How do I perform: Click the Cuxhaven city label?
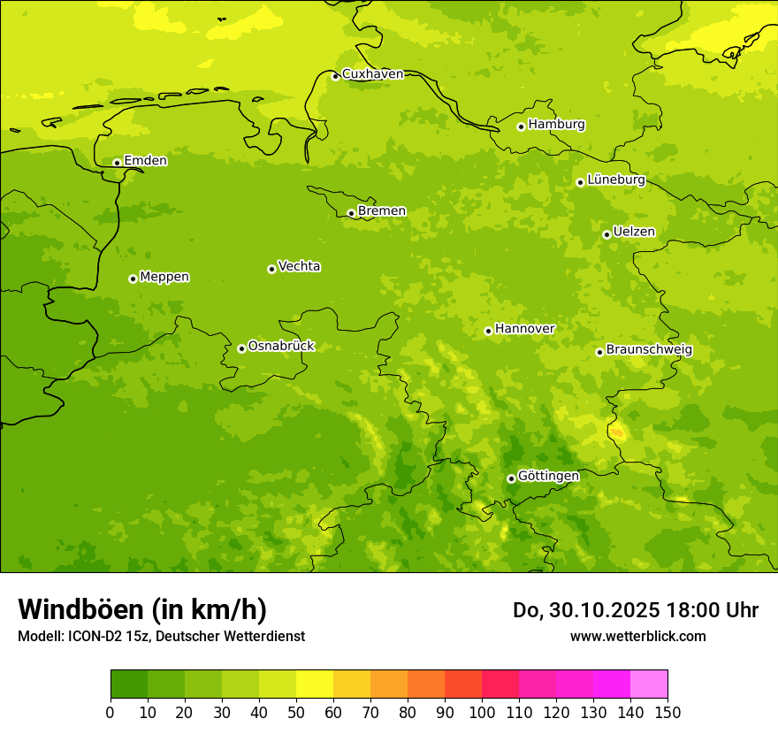(x=372, y=74)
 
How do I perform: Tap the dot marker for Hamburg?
(x=522, y=126)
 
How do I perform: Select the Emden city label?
(x=145, y=161)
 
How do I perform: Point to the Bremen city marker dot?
(x=351, y=213)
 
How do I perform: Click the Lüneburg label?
(x=616, y=180)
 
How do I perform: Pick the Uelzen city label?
(x=634, y=233)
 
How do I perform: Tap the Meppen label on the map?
(x=164, y=277)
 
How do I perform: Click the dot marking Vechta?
(x=271, y=269)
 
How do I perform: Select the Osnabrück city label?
(x=281, y=346)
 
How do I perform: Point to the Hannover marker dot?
(x=488, y=332)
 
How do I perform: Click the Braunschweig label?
(x=649, y=350)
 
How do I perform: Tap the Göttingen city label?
(x=548, y=476)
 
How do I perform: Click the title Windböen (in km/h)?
(x=142, y=610)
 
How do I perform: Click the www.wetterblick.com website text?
(x=637, y=636)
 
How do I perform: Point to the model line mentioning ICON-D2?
(x=161, y=636)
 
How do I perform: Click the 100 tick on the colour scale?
(x=482, y=712)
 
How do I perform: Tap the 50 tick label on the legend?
(x=296, y=712)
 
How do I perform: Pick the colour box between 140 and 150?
(x=649, y=684)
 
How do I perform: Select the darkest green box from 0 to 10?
(x=129, y=684)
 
